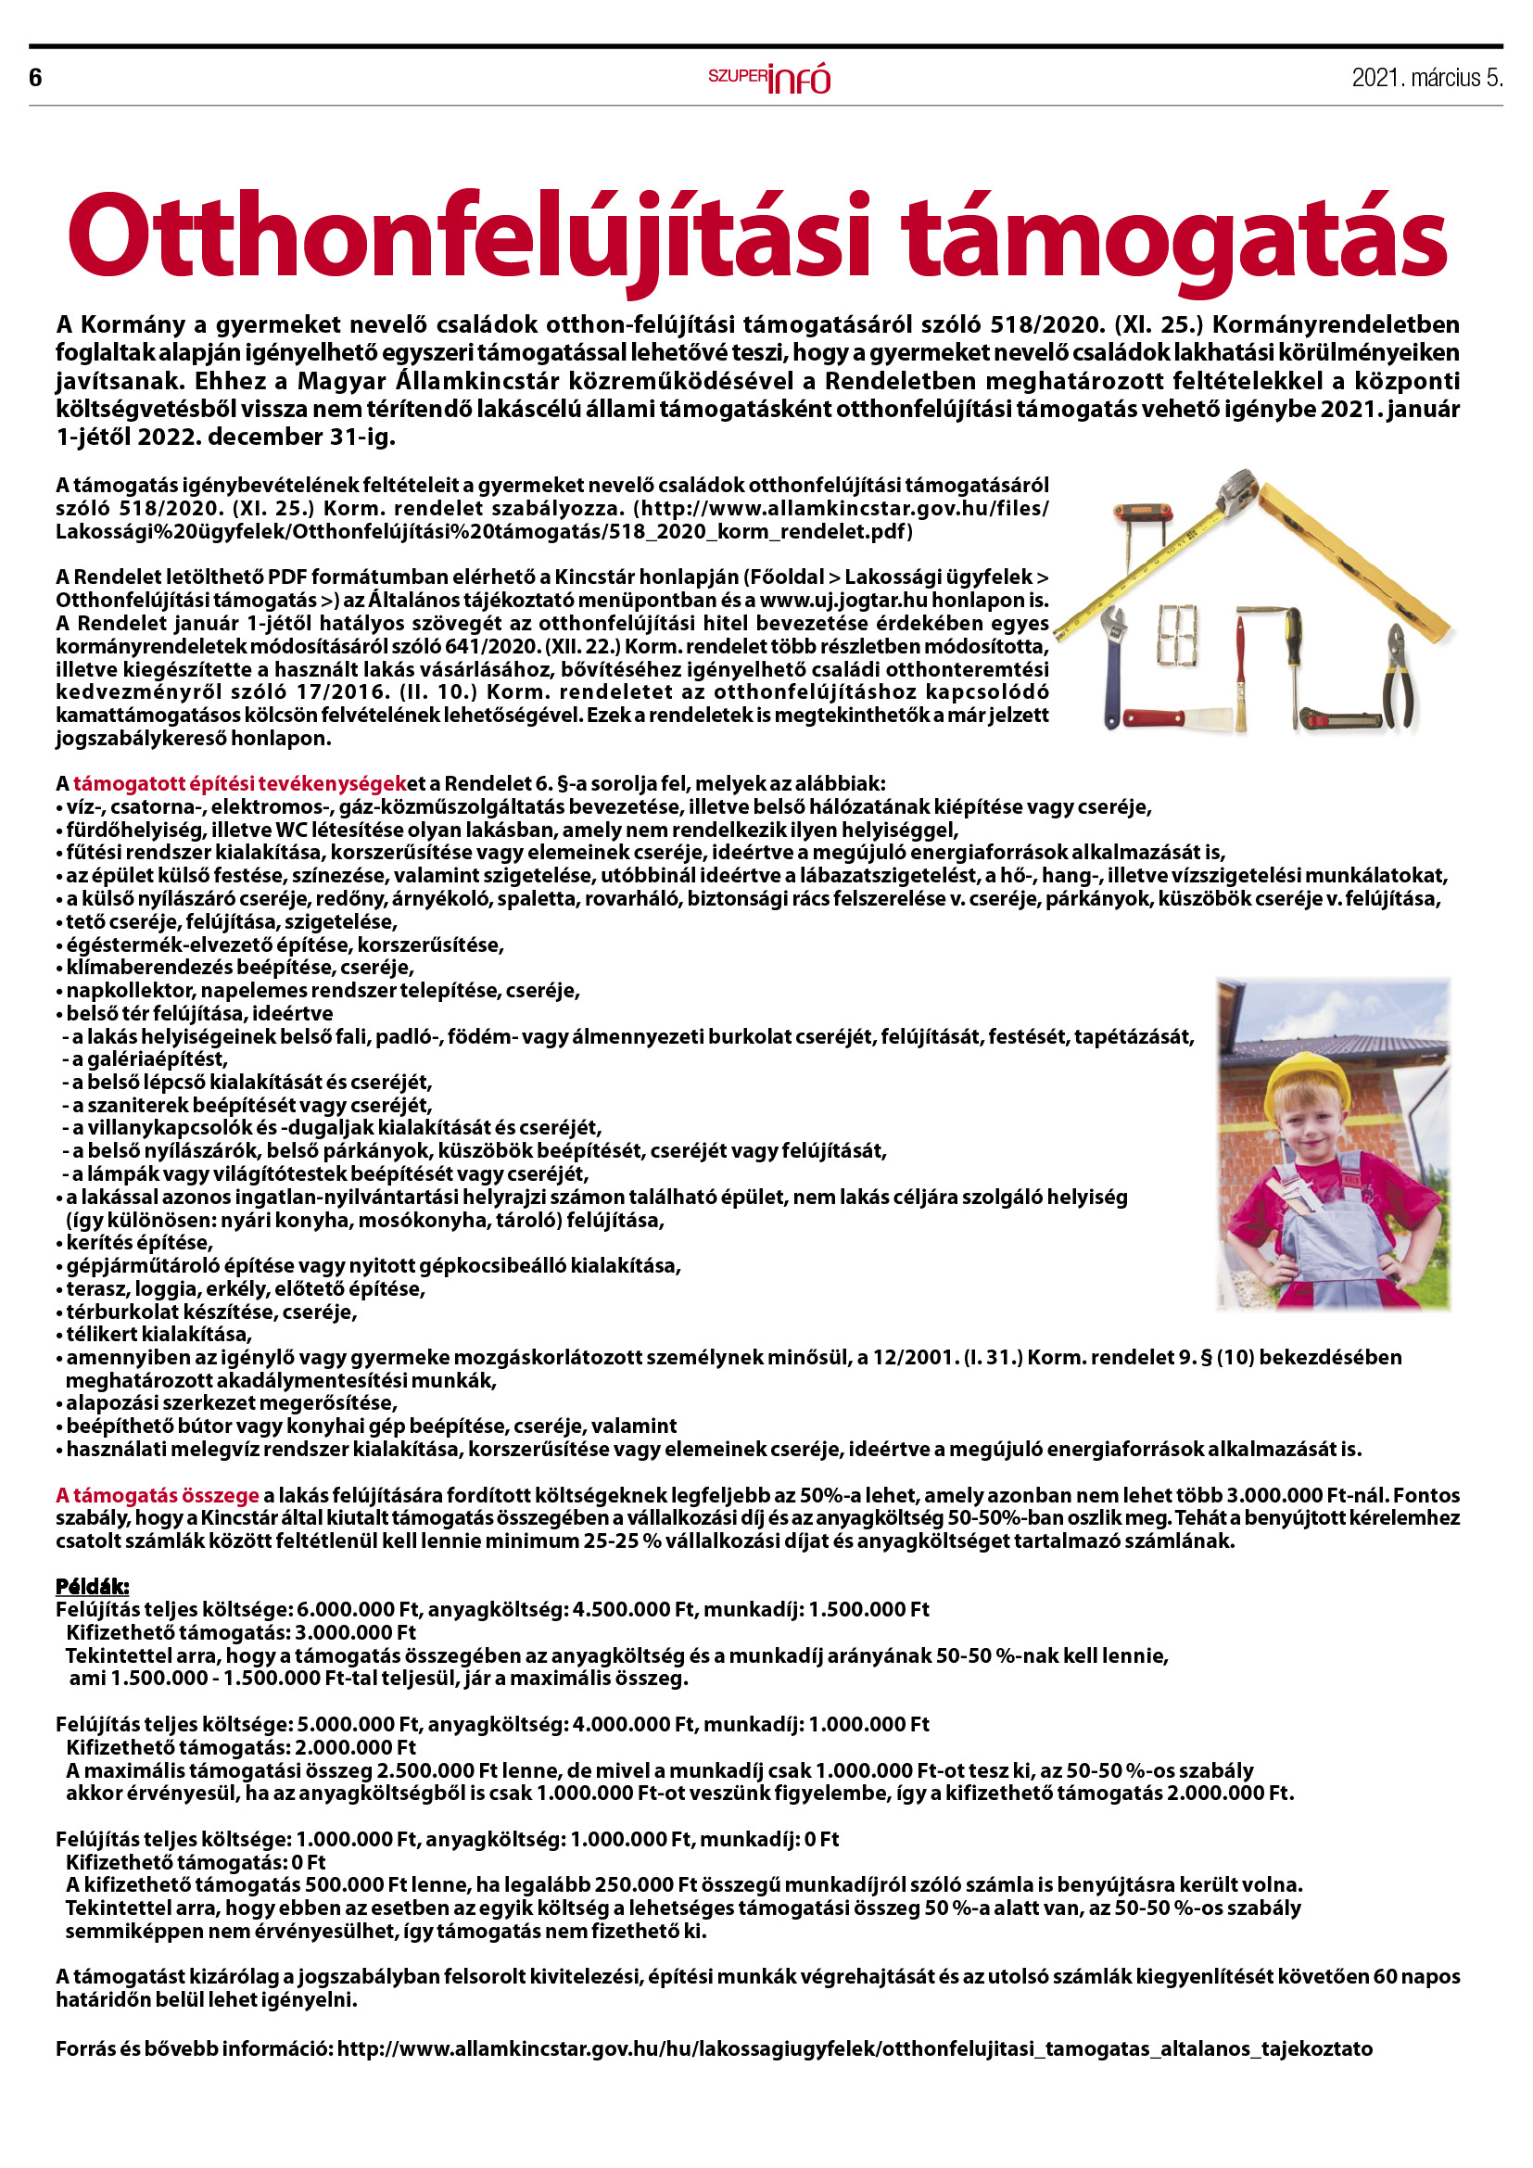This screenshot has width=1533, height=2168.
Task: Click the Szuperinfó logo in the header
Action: point(769,79)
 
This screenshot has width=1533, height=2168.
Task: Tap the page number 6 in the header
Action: point(36,78)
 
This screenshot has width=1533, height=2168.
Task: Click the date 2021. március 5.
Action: point(1426,78)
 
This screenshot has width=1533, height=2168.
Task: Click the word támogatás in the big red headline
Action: point(1172,236)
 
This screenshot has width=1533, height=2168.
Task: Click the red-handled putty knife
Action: point(1171,718)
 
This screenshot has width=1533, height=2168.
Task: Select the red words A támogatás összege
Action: point(157,1495)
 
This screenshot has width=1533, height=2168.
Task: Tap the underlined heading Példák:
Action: point(92,1585)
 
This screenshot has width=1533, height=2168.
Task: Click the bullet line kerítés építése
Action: point(139,1243)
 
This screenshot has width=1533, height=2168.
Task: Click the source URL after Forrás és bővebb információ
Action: point(855,2048)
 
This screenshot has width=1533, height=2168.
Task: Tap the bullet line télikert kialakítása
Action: point(158,1334)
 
